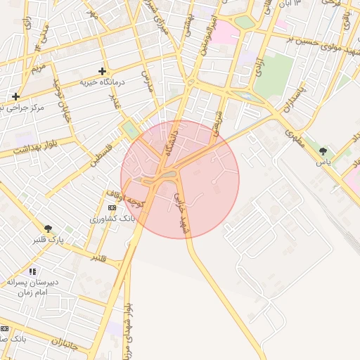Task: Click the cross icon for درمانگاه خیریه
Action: [x=103, y=71]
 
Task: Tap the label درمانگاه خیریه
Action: [x=104, y=82]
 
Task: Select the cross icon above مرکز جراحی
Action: [x=15, y=96]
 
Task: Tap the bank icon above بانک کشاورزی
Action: [x=112, y=208]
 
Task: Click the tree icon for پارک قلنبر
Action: [x=49, y=229]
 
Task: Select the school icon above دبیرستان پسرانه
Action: [x=32, y=271]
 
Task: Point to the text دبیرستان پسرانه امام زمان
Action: [x=32, y=286]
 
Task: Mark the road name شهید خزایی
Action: [x=181, y=214]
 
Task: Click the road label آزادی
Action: [x=260, y=69]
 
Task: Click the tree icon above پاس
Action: [x=323, y=150]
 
